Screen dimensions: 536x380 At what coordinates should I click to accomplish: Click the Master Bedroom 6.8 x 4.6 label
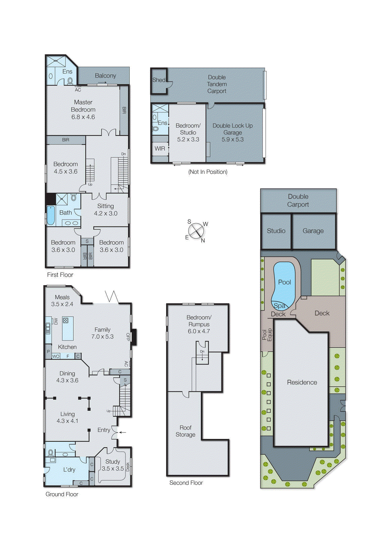tap(83, 110)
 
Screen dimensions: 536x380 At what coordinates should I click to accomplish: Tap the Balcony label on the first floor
tap(105, 76)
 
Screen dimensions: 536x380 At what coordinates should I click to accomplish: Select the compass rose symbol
tap(196, 231)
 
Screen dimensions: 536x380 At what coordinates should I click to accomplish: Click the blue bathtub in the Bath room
tap(51, 215)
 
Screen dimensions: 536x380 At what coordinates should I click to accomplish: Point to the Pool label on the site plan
tap(284, 282)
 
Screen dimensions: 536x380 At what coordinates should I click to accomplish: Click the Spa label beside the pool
tap(279, 306)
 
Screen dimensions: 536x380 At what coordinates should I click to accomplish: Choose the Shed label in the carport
tap(159, 80)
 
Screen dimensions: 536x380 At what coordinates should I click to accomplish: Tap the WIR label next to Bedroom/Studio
tap(160, 148)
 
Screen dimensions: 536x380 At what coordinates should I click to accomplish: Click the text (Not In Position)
tap(208, 172)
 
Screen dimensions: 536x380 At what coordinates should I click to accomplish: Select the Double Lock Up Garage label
tap(232, 132)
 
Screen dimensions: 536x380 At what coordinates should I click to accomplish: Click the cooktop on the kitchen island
tap(65, 321)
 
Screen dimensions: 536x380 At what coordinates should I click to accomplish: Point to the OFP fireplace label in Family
tap(128, 337)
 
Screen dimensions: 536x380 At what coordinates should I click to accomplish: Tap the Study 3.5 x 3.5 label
tap(113, 465)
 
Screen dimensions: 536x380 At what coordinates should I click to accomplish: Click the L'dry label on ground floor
tap(69, 470)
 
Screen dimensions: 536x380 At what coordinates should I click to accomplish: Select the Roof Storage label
tap(185, 431)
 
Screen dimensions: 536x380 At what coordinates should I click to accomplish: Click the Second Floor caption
tap(186, 483)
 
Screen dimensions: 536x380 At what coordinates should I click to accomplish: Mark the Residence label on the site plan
tap(302, 382)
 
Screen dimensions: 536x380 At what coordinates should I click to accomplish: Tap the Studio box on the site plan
tap(276, 231)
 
